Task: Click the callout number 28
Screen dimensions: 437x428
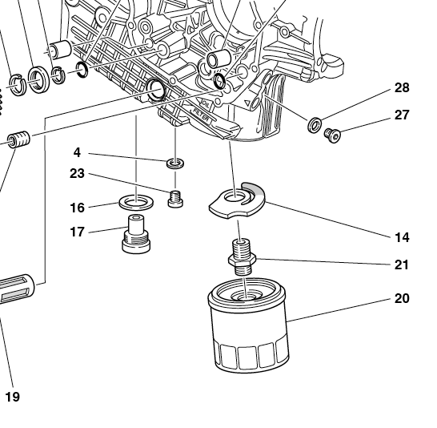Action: point(402,88)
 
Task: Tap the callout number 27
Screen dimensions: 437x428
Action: point(402,115)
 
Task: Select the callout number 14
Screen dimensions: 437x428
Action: point(402,237)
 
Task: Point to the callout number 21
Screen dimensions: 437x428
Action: point(401,264)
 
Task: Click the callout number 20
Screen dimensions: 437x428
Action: point(402,298)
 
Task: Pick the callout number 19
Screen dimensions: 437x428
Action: point(13,397)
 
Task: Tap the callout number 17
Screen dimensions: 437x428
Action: point(77,232)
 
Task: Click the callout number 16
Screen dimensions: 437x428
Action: point(77,208)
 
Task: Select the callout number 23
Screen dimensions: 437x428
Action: point(77,174)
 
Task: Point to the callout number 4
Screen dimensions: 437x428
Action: point(77,152)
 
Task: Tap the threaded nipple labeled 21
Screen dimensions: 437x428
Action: point(243,256)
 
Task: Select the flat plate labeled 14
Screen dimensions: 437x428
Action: point(238,200)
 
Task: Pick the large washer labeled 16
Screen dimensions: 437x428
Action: point(136,202)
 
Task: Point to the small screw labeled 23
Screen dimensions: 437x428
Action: point(175,199)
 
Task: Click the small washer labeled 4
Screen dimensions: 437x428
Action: point(175,164)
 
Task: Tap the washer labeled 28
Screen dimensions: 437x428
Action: point(315,125)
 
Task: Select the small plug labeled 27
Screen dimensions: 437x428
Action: point(332,135)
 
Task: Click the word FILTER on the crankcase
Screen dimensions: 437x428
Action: point(201,115)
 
